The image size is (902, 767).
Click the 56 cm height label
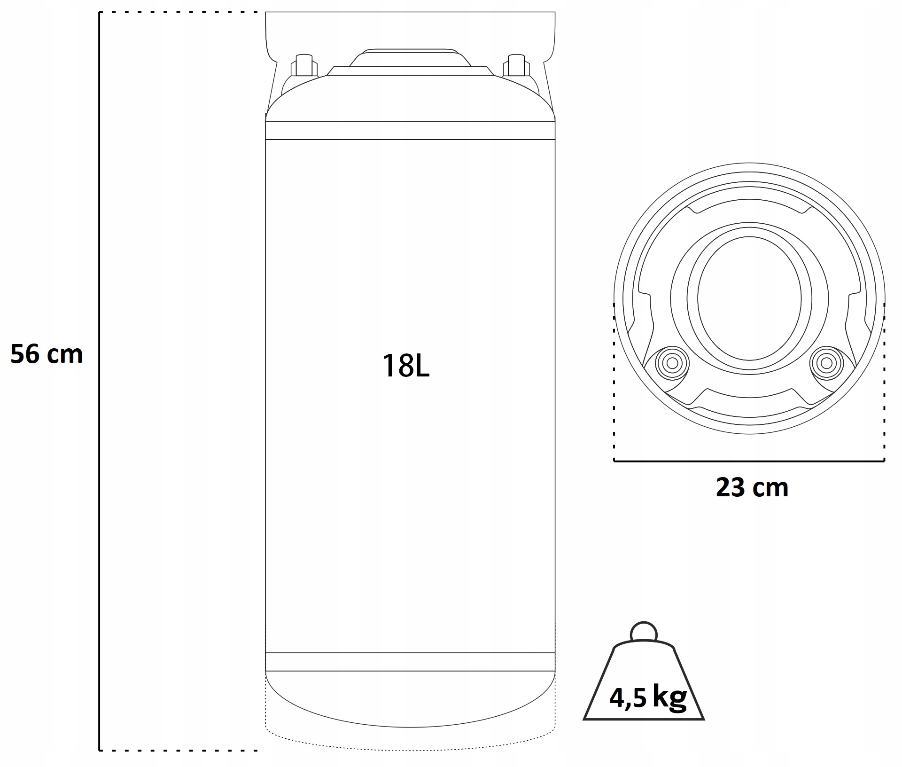[x=47, y=354]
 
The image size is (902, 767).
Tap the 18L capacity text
[x=406, y=366]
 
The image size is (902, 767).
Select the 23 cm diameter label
[x=752, y=487]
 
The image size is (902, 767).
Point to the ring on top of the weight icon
[x=644, y=631]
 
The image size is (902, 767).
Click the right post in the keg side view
[x=516, y=65]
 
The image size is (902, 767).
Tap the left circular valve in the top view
[x=672, y=363]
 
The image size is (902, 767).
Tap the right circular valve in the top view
[x=826, y=363]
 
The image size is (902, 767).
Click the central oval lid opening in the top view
[x=749, y=298]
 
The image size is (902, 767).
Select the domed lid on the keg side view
[x=410, y=58]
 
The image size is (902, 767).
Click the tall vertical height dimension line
[x=100, y=376]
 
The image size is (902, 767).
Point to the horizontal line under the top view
[x=749, y=461]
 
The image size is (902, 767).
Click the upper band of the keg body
[x=410, y=130]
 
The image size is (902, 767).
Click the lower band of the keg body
[x=410, y=662]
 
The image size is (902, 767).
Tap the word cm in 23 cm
[x=770, y=488]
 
